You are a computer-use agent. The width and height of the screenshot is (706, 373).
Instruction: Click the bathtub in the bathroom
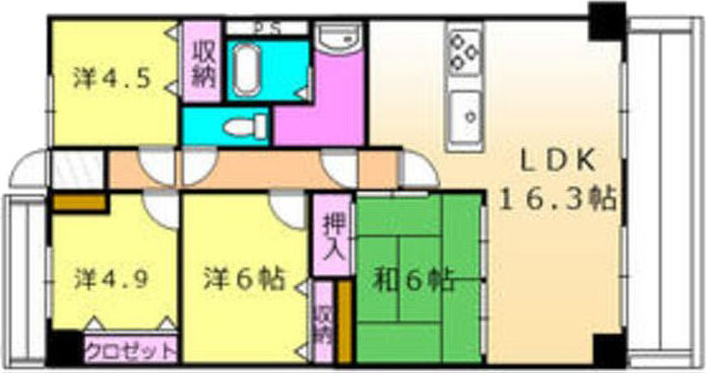coord(246,70)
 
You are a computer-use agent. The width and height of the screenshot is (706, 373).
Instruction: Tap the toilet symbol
coord(246,127)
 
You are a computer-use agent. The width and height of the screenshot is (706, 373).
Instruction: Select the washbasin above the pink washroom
coord(339,37)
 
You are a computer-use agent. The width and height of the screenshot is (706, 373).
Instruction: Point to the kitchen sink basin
coord(467,117)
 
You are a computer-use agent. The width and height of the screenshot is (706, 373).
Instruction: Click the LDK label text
coord(557,161)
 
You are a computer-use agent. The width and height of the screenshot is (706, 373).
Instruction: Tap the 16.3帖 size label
coord(557,199)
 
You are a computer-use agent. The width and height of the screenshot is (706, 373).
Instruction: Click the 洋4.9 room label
coord(111,279)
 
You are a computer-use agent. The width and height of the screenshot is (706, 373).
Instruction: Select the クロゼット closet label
coord(130,350)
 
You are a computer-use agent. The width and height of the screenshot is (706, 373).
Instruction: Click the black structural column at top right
coord(607,21)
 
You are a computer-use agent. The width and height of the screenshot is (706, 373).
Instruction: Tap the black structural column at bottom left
coord(65,348)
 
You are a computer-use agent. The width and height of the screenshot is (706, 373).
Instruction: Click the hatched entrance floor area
coord(77,169)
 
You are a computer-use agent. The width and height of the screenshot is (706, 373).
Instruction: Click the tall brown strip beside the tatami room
coord(345,322)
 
